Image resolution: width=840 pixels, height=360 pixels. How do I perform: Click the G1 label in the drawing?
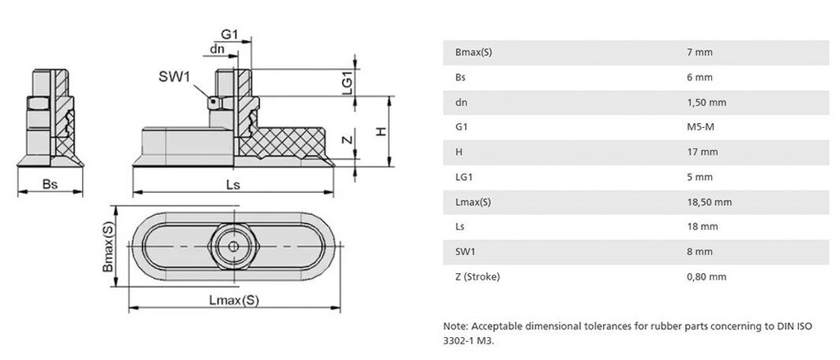(230, 35)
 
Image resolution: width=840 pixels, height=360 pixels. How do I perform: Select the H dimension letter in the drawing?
(380, 133)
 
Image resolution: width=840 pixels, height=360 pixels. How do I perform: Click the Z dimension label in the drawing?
(347, 141)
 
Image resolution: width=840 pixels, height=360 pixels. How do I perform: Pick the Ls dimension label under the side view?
(233, 185)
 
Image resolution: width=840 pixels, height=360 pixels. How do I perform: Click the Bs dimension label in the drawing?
(49, 185)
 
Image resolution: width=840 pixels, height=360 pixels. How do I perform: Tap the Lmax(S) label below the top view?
(234, 300)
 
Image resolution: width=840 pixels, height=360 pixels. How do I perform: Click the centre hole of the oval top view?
(235, 246)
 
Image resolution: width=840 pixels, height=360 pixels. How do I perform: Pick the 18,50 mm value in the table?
(709, 202)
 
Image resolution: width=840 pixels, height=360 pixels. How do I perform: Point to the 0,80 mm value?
(706, 276)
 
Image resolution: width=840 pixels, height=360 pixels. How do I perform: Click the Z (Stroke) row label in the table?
(477, 276)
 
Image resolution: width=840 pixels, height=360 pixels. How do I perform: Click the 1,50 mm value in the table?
(706, 103)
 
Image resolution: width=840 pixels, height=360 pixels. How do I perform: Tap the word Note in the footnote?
(455, 326)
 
